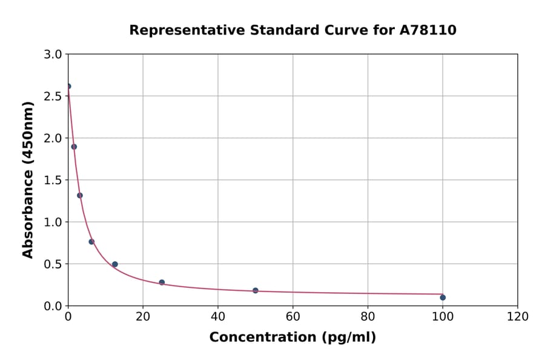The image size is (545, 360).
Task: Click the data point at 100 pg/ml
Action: [x=443, y=298]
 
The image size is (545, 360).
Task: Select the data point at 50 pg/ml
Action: [x=256, y=290]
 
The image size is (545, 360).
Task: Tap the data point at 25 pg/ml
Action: [x=162, y=282]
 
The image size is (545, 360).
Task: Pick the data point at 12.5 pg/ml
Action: [x=115, y=264]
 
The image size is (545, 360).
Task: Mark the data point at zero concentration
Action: [x=68, y=86]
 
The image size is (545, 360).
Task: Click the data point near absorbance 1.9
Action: [x=74, y=147]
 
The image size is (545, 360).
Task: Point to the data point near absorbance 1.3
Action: [x=80, y=195]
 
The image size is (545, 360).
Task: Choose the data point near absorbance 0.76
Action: [x=91, y=242]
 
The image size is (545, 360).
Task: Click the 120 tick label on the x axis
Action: [x=517, y=317]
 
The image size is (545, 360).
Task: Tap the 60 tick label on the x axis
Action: [x=292, y=317]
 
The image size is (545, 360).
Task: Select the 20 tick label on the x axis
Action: [x=143, y=317]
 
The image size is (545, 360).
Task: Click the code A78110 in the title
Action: [x=428, y=30]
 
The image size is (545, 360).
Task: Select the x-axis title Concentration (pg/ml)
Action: [x=292, y=338]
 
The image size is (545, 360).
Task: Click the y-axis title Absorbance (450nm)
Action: [x=28, y=180]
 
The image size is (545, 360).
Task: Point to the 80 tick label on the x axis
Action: [x=368, y=317]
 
